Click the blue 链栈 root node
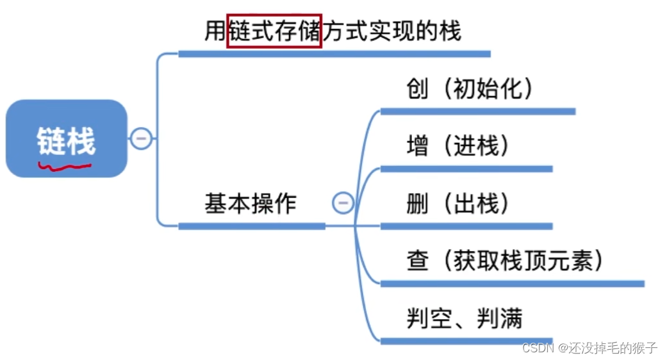point(67,138)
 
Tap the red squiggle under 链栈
point(64,168)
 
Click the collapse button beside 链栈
point(141,138)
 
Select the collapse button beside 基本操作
point(343,203)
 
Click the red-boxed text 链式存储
point(274,30)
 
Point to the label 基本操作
point(251,204)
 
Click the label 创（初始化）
point(470,89)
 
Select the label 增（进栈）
point(457,147)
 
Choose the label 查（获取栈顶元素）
point(505,261)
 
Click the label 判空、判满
point(465,318)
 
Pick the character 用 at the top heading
point(215,30)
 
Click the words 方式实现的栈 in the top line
point(391,30)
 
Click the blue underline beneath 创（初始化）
point(477,111)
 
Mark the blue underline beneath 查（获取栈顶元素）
point(512,283)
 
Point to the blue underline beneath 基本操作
point(251,225)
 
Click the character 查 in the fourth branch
point(418,261)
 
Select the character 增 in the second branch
point(418,147)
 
